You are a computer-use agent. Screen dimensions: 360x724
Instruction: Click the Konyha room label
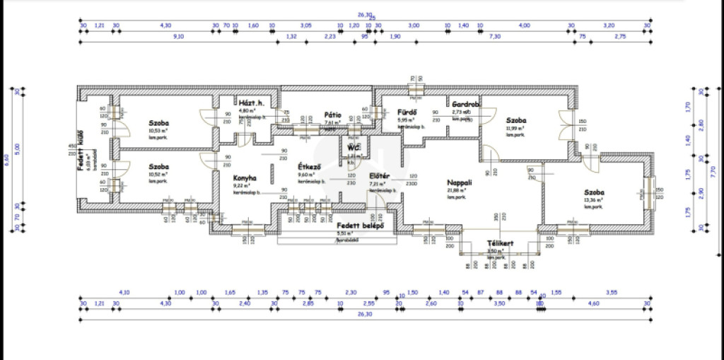(245, 178)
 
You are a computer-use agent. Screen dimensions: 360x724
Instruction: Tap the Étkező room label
(310, 166)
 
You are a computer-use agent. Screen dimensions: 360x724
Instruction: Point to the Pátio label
(333, 115)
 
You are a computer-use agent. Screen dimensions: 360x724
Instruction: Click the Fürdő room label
(407, 112)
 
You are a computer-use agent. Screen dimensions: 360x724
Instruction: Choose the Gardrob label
(466, 104)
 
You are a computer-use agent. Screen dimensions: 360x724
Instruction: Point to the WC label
(353, 147)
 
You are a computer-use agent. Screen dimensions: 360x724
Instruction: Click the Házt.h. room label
(251, 103)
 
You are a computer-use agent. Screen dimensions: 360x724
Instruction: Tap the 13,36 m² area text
(595, 200)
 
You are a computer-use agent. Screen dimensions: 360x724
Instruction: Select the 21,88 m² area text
(456, 190)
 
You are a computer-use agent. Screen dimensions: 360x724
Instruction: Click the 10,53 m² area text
(158, 131)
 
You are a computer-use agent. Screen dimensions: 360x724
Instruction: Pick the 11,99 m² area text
(515, 128)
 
